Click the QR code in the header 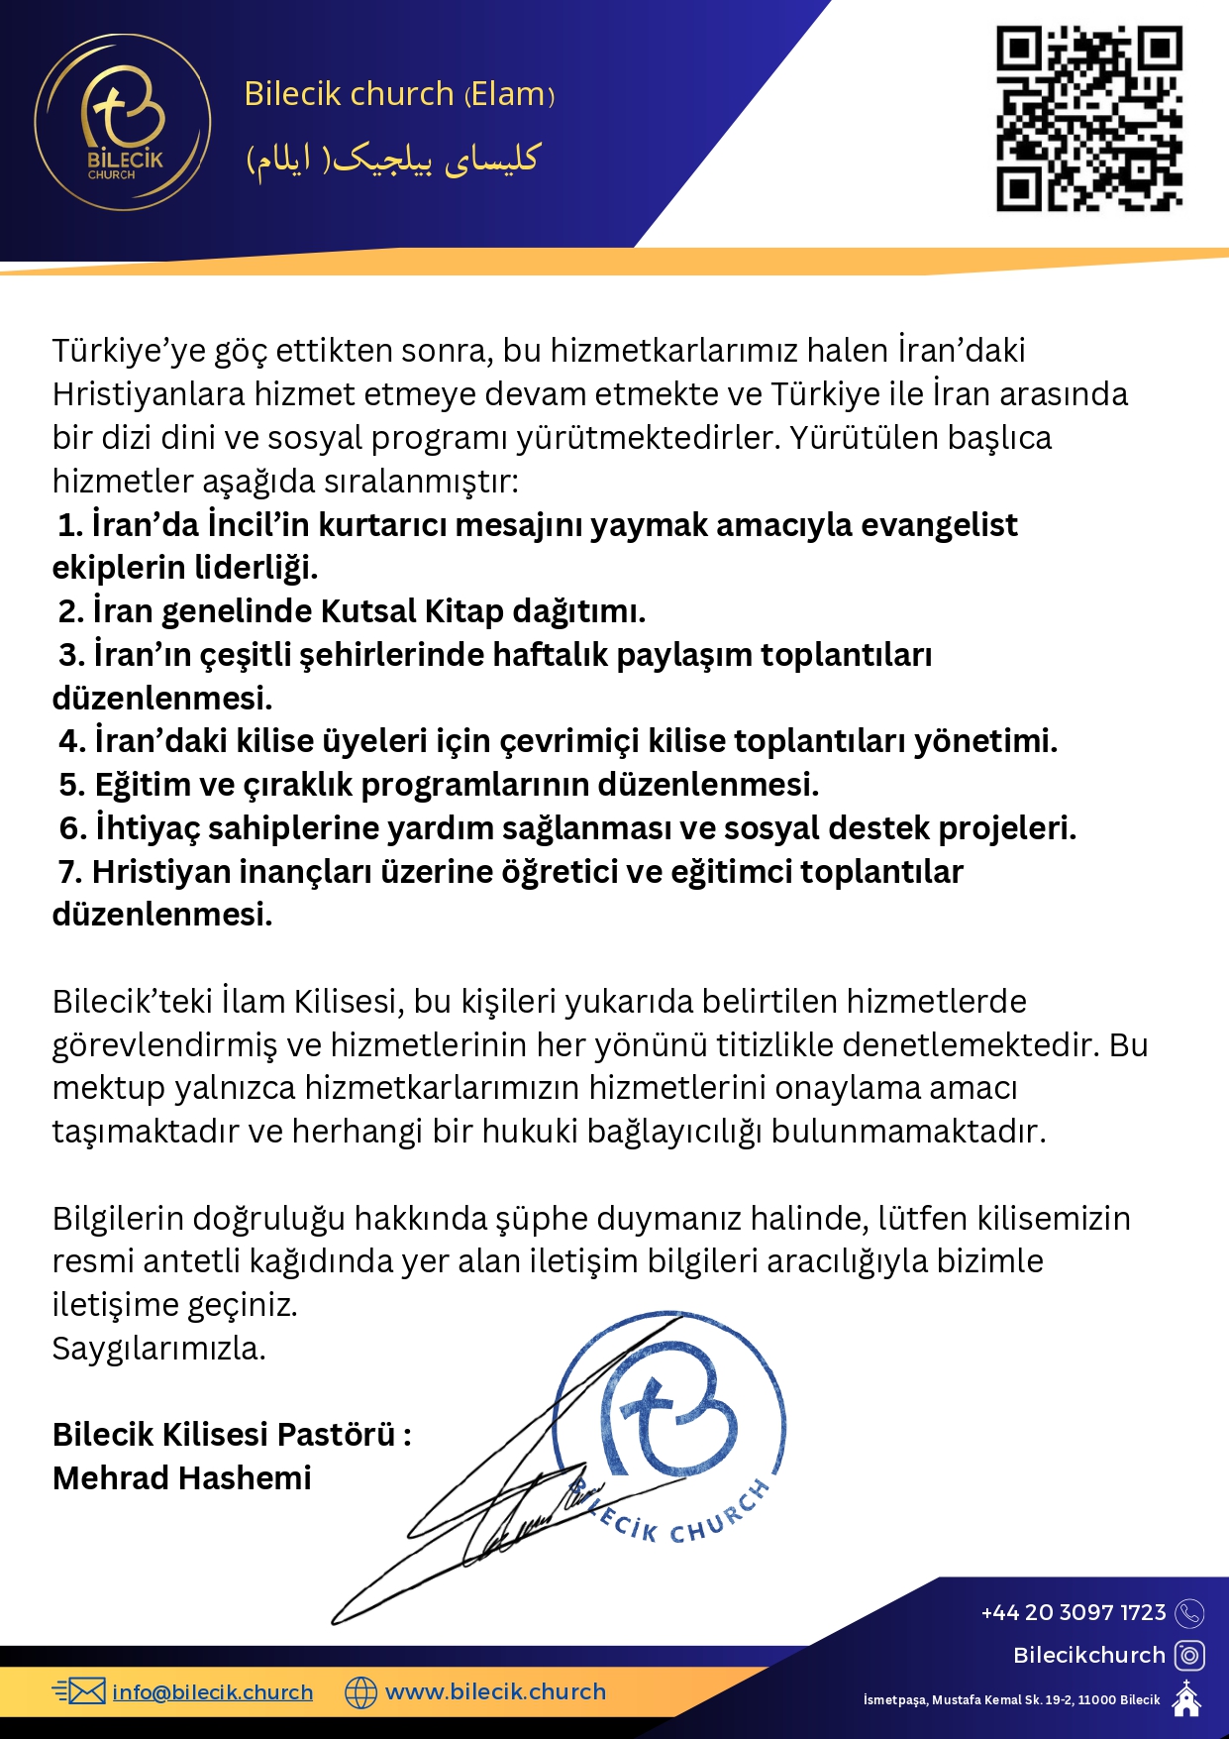coord(1088,118)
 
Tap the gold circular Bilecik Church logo coord(123,122)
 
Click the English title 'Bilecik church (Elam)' coord(398,94)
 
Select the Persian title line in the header coord(392,159)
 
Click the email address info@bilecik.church coord(212,1691)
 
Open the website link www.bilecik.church coord(495,1691)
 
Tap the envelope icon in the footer coord(79,1691)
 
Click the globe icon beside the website coord(360,1692)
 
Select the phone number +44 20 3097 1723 coord(1073,1612)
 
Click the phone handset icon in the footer coord(1189,1613)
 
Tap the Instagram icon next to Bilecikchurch coord(1189,1655)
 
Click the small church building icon coord(1186,1698)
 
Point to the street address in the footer coord(1011,1699)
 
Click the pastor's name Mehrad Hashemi coord(181,1477)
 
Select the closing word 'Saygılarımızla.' coord(158,1348)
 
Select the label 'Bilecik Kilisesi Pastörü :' coord(232,1434)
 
